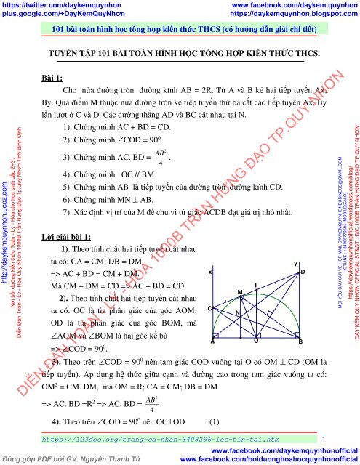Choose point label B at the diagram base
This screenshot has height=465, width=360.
pyautogui.click(x=300, y=341)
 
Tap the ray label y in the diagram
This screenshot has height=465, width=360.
pyautogui.click(x=294, y=262)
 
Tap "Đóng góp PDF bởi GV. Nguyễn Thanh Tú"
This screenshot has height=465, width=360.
pyautogui.click(x=68, y=458)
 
